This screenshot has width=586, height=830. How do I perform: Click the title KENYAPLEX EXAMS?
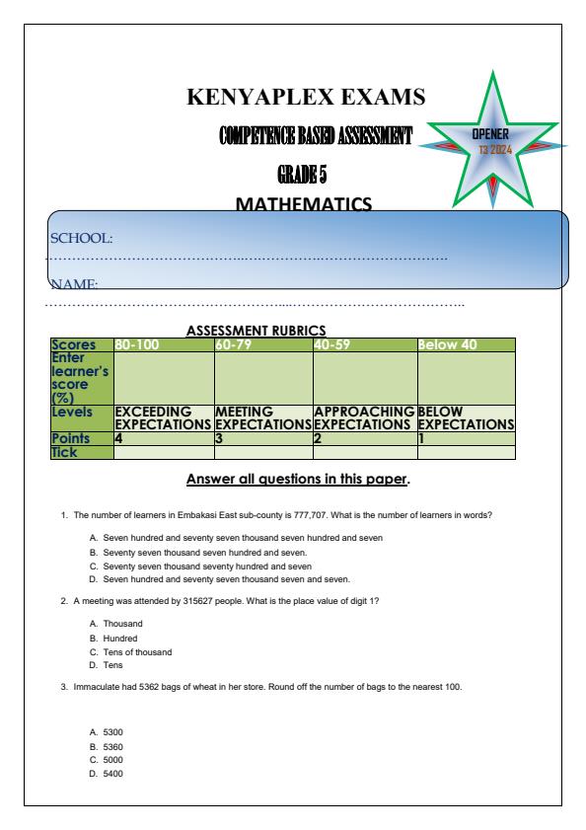click(306, 97)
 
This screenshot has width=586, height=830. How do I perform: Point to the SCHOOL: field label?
click(82, 238)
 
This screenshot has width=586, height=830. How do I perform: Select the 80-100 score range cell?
click(136, 344)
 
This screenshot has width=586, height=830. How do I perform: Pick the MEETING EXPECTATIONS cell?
click(262, 416)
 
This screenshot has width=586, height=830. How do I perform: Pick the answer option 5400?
click(114, 773)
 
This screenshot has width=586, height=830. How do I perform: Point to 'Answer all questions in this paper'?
click(298, 482)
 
